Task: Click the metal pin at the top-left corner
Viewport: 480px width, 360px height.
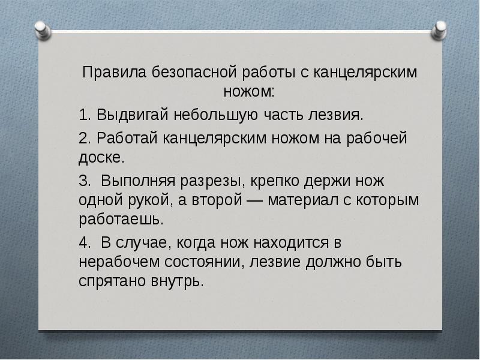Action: pyautogui.click(x=41, y=29)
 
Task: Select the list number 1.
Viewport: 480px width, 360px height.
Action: pyautogui.click(x=83, y=114)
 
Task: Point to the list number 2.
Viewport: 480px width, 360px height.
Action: pyautogui.click(x=83, y=139)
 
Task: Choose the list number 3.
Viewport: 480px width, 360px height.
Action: pyautogui.click(x=83, y=180)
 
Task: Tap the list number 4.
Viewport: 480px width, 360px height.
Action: pyautogui.click(x=83, y=243)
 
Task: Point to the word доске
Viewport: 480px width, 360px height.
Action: pyautogui.click(x=102, y=158)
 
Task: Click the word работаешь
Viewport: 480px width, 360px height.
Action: pyautogui.click(x=121, y=219)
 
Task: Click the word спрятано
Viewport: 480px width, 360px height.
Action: pyautogui.click(x=114, y=282)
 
